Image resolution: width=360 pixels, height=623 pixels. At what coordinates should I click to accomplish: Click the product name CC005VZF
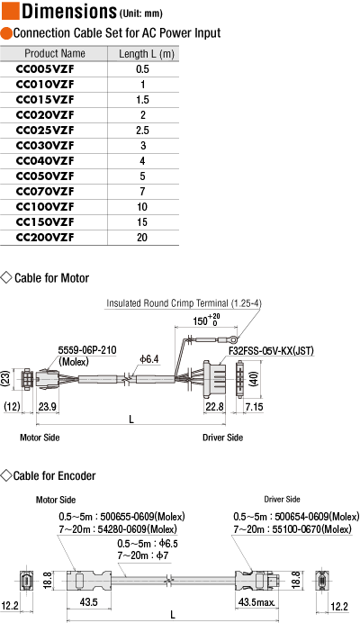tap(45, 69)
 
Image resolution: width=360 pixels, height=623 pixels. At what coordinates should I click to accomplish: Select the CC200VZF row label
tap(45, 238)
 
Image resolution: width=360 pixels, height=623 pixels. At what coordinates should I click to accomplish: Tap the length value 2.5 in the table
tap(142, 131)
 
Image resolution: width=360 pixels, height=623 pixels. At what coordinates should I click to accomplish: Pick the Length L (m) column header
tap(147, 54)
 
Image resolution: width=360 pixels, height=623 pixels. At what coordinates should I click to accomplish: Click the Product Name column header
tap(55, 54)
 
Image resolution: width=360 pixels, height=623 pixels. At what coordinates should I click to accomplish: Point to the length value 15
tap(142, 222)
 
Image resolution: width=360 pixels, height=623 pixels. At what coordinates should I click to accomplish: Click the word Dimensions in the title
tap(69, 11)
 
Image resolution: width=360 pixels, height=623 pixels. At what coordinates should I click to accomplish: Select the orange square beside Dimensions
tap(10, 11)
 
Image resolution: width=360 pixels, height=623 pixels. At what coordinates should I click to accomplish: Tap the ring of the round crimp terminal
tap(234, 339)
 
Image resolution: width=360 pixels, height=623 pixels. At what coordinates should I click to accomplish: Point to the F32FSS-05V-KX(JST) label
tap(271, 351)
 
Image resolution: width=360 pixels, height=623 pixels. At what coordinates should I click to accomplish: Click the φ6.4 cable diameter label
tap(149, 359)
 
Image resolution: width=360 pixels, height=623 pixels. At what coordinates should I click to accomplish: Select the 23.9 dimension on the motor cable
tap(48, 407)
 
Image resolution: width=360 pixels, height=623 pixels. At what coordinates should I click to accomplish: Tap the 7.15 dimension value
tap(255, 407)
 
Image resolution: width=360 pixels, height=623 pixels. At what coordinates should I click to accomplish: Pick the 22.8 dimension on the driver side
tap(214, 407)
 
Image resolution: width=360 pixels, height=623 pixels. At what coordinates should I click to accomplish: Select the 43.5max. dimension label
tap(256, 602)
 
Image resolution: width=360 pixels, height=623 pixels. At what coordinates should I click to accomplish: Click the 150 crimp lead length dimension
tap(201, 321)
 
